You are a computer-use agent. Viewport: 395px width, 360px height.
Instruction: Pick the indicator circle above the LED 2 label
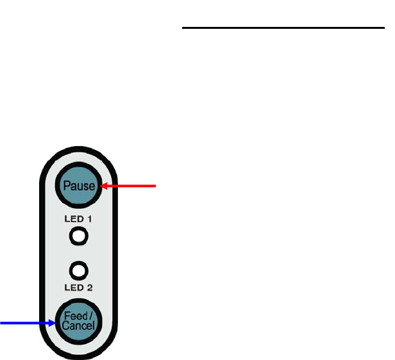tap(79, 270)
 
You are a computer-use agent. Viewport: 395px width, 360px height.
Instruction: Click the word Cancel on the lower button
tap(78, 327)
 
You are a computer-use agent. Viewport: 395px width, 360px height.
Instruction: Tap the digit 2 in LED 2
tap(90, 288)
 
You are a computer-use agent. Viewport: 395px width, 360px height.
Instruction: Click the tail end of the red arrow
tap(155, 186)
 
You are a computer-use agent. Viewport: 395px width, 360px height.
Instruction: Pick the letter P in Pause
tap(66, 186)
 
